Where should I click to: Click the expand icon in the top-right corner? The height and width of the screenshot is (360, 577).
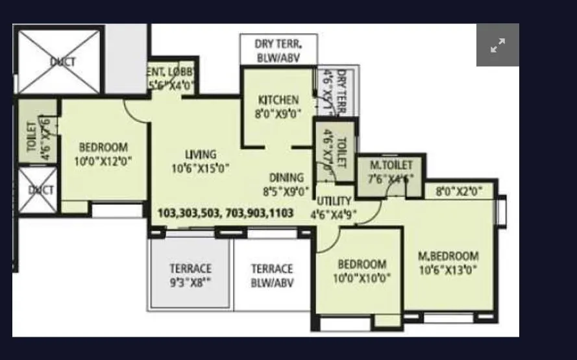498,45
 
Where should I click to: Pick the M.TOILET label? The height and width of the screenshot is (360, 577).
391,172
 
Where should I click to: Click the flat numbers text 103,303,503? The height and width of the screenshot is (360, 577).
225,213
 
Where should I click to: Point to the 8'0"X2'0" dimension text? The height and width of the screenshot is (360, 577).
459,191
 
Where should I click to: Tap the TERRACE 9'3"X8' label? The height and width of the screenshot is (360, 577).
190,275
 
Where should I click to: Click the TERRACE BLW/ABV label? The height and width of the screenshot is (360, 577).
272,275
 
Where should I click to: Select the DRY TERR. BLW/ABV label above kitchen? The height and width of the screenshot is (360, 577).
277,50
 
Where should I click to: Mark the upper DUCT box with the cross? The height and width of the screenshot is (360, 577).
59,62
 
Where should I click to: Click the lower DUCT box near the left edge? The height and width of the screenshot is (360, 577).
37,191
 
